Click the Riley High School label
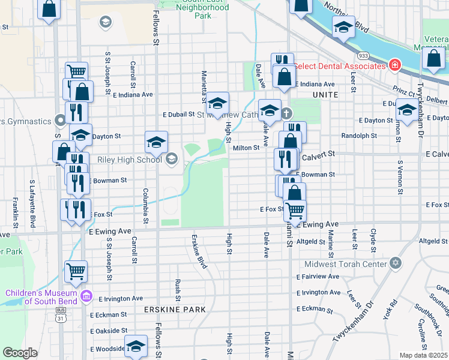coord(130,160)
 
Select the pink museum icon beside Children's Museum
coord(86,296)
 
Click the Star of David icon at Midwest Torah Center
coord(395,263)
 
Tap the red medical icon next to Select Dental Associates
coord(394,65)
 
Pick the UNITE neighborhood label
coord(325,95)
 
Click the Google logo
coord(20,353)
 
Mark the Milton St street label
coord(246,148)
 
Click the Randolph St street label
coord(359,136)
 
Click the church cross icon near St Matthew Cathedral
coord(286,112)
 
